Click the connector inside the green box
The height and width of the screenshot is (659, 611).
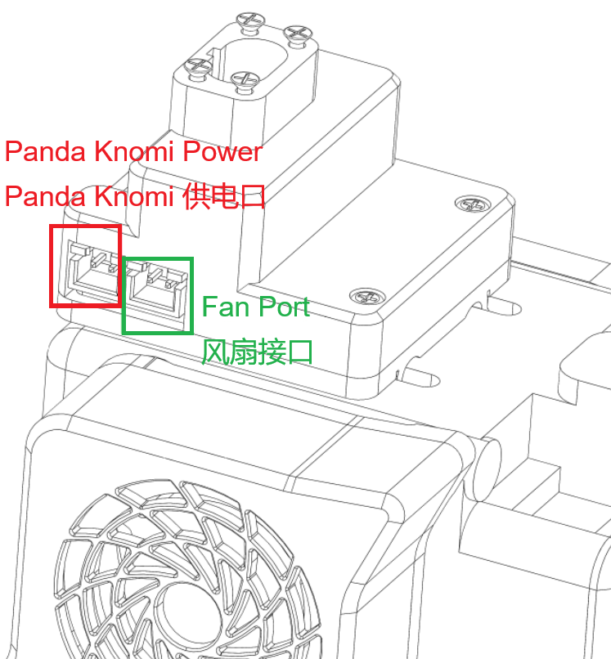156,291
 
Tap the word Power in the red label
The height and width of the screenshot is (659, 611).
222,151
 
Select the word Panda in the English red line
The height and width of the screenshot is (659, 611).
45,151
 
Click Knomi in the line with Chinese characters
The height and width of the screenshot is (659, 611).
134,196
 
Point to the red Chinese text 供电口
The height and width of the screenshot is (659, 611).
224,196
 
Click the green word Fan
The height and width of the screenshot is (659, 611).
226,307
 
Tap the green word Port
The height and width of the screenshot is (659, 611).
283,307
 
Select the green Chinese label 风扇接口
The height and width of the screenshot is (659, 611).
257,352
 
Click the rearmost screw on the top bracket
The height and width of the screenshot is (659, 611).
250,20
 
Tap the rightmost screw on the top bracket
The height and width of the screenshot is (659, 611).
298,34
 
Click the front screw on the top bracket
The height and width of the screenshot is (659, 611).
245,81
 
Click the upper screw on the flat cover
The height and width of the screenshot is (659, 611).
473,204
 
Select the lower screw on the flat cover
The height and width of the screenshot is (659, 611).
367,297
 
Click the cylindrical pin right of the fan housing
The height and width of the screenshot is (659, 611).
486,469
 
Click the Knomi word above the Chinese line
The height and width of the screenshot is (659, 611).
134,151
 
